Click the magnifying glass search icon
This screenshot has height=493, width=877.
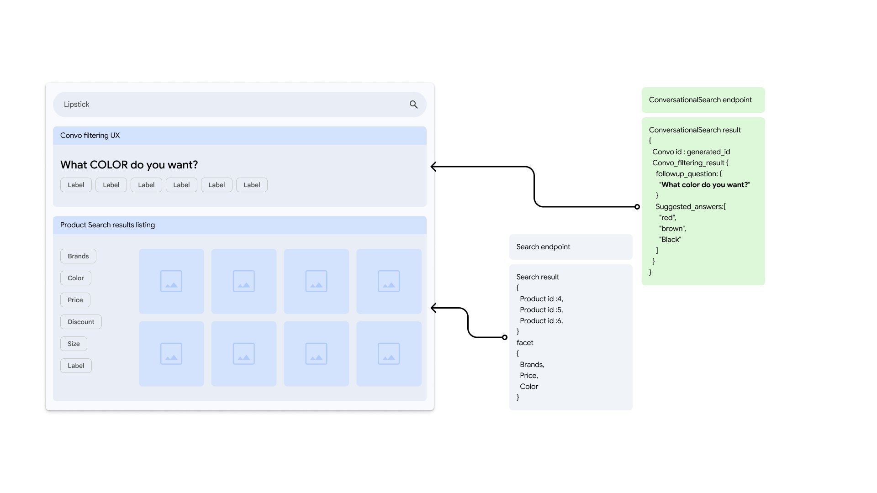pos(413,105)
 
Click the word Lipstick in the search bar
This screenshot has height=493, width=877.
pos(76,105)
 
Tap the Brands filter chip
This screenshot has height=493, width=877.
pos(78,256)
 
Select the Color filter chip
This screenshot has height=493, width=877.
pos(75,278)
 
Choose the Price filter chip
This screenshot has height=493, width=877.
pos(75,300)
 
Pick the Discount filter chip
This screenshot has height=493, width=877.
pos(81,322)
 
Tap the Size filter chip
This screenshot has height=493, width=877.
pos(74,344)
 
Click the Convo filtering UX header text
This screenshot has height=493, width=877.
pos(90,136)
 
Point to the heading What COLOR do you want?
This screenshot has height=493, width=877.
pos(129,165)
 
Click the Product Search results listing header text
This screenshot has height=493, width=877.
pos(107,225)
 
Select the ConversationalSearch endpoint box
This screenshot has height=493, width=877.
pos(703,100)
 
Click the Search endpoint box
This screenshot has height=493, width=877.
pos(571,247)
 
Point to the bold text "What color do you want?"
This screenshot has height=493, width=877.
pos(705,185)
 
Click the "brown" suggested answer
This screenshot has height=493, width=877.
pos(672,229)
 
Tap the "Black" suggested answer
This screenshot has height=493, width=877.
pos(670,240)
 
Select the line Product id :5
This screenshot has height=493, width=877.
pos(541,310)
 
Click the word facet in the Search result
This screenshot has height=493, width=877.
pos(525,343)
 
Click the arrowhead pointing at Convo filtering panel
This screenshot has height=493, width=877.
pos(433,167)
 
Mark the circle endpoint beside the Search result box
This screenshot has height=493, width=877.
pos(505,337)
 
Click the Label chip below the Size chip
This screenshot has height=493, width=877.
pos(76,366)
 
